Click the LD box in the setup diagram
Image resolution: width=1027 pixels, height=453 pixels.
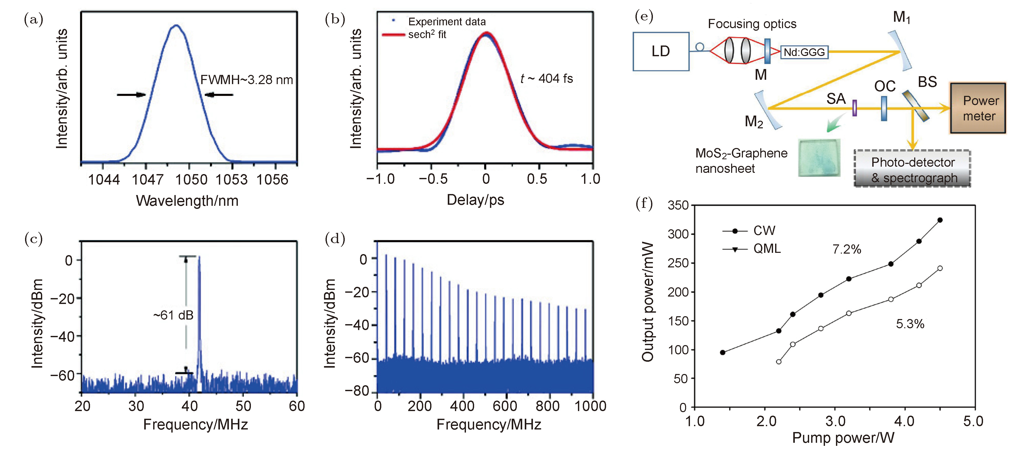pyautogui.click(x=661, y=51)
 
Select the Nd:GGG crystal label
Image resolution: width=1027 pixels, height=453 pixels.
pyautogui.click(x=804, y=52)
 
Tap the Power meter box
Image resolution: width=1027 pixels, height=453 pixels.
pyautogui.click(x=978, y=108)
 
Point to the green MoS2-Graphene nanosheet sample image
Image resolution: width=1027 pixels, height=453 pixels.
pyautogui.click(x=819, y=157)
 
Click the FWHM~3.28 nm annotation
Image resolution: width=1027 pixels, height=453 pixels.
pyautogui.click(x=246, y=80)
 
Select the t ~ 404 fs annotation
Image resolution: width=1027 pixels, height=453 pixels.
pyautogui.click(x=546, y=78)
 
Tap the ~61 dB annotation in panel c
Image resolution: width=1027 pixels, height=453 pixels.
pyautogui.click(x=173, y=315)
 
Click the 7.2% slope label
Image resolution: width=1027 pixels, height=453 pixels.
pyautogui.click(x=846, y=250)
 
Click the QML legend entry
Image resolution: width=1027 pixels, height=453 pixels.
pyautogui.click(x=767, y=248)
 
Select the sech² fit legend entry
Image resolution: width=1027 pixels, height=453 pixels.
pyautogui.click(x=427, y=35)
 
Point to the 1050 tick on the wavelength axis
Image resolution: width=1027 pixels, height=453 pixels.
pyautogui.click(x=191, y=180)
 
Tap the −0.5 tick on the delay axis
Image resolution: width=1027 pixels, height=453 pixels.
pyautogui.click(x=433, y=179)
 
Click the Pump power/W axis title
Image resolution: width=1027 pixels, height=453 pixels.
pyautogui.click(x=843, y=437)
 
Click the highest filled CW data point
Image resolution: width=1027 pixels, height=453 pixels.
pyautogui.click(x=940, y=220)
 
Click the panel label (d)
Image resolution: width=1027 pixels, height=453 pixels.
pyautogui.click(x=335, y=239)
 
